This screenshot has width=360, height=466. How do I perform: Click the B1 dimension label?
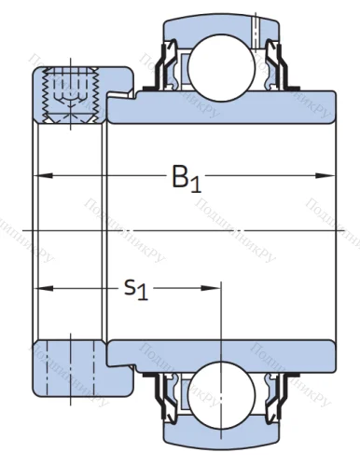tap(185, 177)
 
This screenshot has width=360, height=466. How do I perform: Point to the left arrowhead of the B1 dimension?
tap(43, 175)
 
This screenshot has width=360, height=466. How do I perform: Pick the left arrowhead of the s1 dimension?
tap(43, 288)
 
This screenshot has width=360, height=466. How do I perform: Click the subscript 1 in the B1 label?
tap(196, 183)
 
